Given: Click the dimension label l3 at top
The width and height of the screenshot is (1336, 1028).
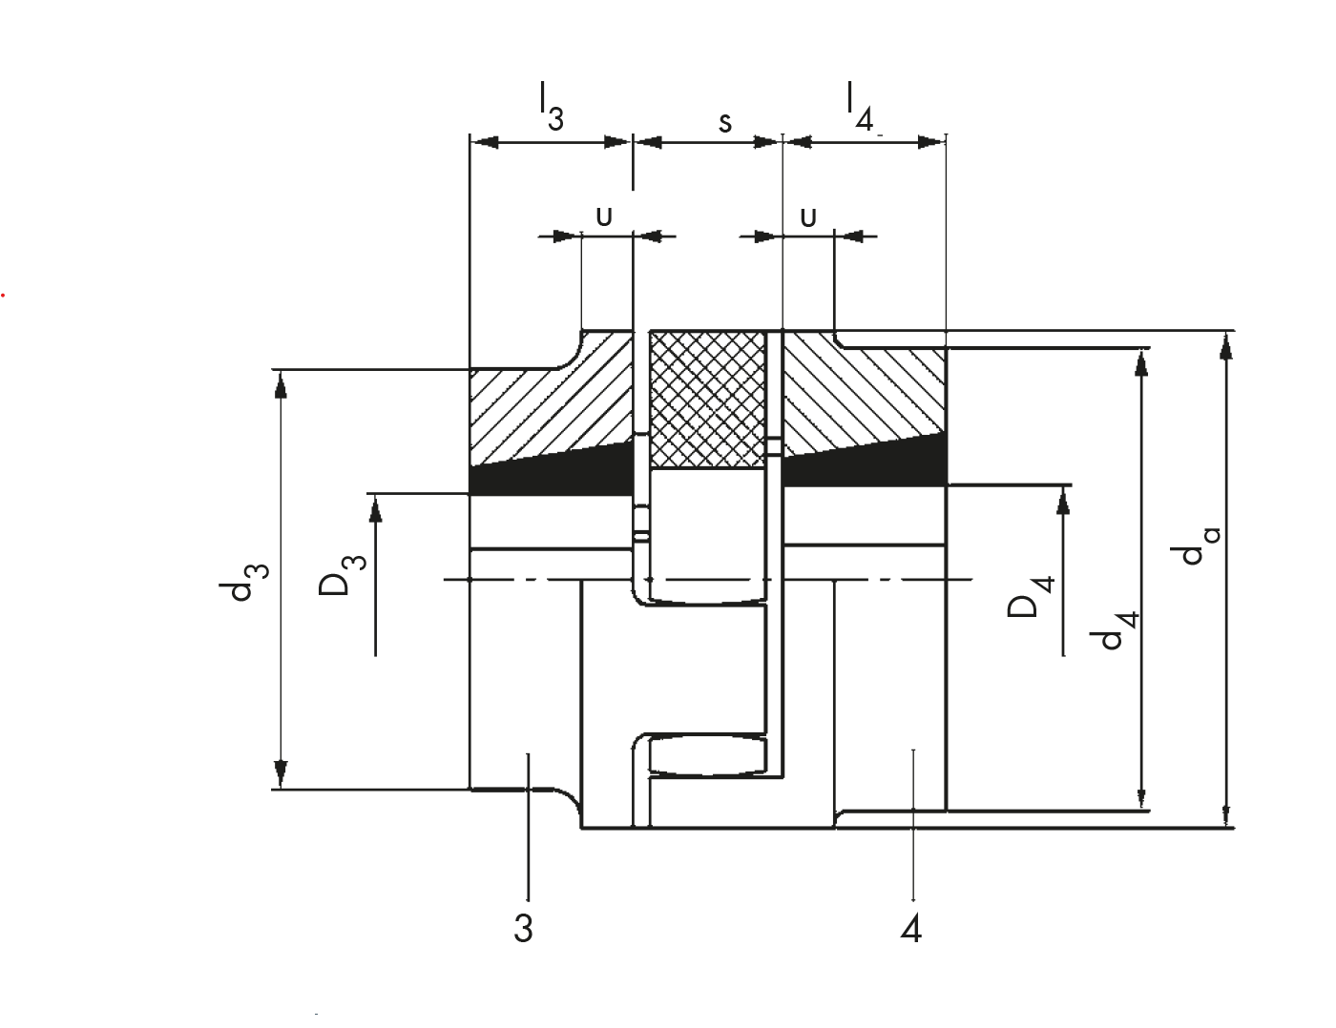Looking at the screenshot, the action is (x=552, y=107).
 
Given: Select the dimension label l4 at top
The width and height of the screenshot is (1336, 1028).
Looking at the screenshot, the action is (x=860, y=107).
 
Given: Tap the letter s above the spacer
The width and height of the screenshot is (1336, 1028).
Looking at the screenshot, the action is (x=725, y=123).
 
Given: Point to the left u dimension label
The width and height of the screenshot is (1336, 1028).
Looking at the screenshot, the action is (x=604, y=216).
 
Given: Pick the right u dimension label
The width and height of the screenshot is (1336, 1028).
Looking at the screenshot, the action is (x=808, y=218).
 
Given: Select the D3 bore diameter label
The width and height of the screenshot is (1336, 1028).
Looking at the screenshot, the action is (x=343, y=575).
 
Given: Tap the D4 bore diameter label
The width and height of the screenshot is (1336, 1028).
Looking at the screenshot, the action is (x=1031, y=596).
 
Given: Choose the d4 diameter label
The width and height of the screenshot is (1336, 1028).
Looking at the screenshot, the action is (x=1114, y=630).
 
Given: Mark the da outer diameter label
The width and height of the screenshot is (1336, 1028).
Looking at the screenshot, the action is (x=1195, y=545).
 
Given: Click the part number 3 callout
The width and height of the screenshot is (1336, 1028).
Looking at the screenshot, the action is (x=523, y=929).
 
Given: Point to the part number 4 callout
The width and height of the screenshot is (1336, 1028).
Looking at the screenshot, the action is (x=910, y=929).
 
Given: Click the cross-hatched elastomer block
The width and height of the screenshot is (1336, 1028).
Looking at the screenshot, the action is (x=708, y=401).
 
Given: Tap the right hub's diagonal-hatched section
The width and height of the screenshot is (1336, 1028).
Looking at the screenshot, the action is (x=864, y=393).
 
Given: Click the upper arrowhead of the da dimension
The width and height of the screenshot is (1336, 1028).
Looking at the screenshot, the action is (x=1226, y=345).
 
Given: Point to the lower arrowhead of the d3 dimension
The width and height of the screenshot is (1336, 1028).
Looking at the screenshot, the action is (x=281, y=773).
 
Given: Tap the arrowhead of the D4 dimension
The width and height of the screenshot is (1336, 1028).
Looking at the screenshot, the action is (x=1064, y=500).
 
